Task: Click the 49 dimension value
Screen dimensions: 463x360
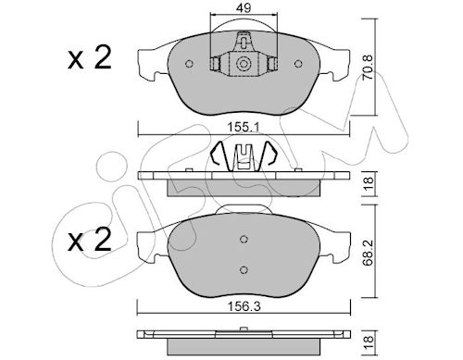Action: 244,8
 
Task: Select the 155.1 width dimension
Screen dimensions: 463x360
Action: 244,127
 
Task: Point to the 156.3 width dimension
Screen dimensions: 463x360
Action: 244,306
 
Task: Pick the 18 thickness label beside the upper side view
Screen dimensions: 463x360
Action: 369,183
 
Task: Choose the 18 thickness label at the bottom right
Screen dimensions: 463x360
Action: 369,343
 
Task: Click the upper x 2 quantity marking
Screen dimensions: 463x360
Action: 90,58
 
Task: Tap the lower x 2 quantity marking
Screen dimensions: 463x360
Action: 90,239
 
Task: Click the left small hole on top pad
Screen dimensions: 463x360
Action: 189,64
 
